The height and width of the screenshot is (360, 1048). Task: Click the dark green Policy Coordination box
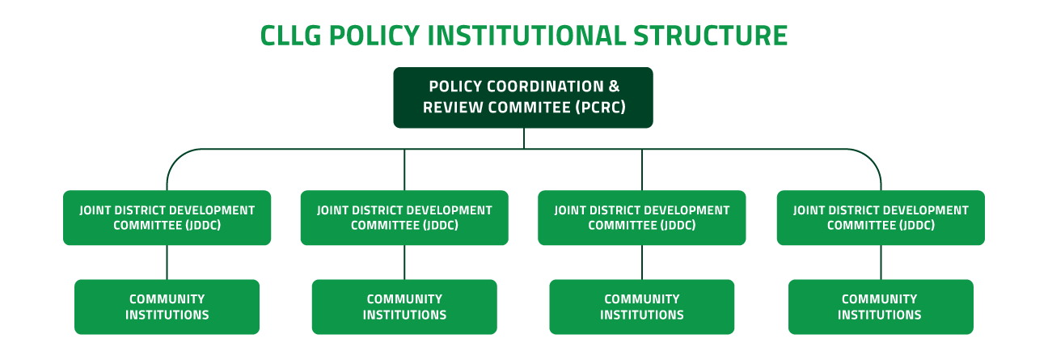click(x=523, y=97)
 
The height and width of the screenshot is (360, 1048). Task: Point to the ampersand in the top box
click(x=613, y=87)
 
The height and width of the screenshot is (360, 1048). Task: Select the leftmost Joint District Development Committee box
click(x=167, y=218)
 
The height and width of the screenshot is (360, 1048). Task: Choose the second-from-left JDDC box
click(x=404, y=218)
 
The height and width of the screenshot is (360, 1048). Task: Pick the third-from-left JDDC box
click(x=642, y=218)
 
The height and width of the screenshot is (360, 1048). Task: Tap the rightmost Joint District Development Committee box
click(x=881, y=218)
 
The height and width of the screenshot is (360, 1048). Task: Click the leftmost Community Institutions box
click(x=167, y=307)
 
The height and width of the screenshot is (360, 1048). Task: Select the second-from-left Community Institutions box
click(x=404, y=307)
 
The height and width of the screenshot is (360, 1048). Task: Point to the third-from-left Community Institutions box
click(x=642, y=307)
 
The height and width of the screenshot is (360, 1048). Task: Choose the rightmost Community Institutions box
click(x=881, y=307)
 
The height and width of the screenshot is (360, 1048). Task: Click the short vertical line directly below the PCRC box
click(x=523, y=138)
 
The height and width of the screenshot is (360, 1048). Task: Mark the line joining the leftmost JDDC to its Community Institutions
click(x=167, y=262)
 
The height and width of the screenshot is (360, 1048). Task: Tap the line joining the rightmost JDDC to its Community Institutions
click(x=881, y=262)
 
